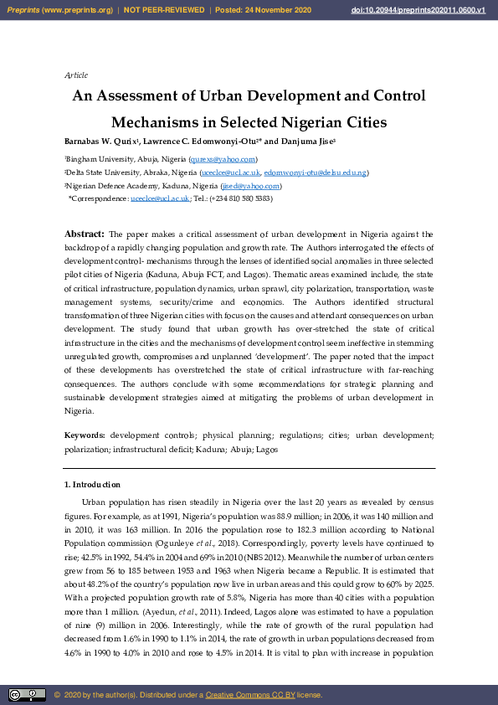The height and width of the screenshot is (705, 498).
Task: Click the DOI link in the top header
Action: click(429, 9)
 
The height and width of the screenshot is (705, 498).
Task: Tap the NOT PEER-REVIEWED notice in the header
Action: click(163, 9)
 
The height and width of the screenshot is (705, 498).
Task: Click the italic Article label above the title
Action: click(76, 75)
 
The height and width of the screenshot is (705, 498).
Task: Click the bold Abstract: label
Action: click(85, 234)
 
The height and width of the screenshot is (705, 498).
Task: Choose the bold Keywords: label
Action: click(85, 435)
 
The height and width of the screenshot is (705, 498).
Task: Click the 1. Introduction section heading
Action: click(92, 485)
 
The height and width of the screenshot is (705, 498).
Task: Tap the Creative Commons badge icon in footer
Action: click(27, 695)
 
